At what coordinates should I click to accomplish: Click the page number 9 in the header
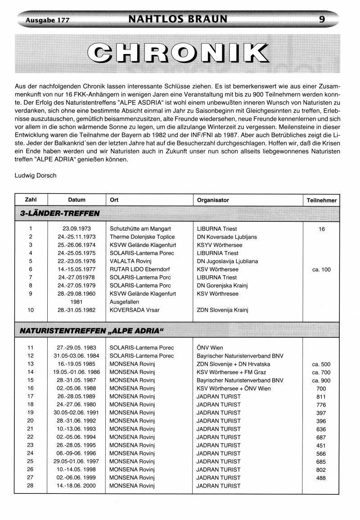322,19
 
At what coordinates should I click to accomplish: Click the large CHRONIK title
178,53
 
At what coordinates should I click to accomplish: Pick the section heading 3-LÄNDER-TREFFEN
58,213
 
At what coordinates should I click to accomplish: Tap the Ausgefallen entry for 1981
124,302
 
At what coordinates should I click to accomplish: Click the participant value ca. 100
321,269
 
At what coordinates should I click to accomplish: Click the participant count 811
321,396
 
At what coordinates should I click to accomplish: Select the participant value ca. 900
321,380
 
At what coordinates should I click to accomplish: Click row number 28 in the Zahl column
31,485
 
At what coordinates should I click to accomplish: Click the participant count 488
321,478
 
